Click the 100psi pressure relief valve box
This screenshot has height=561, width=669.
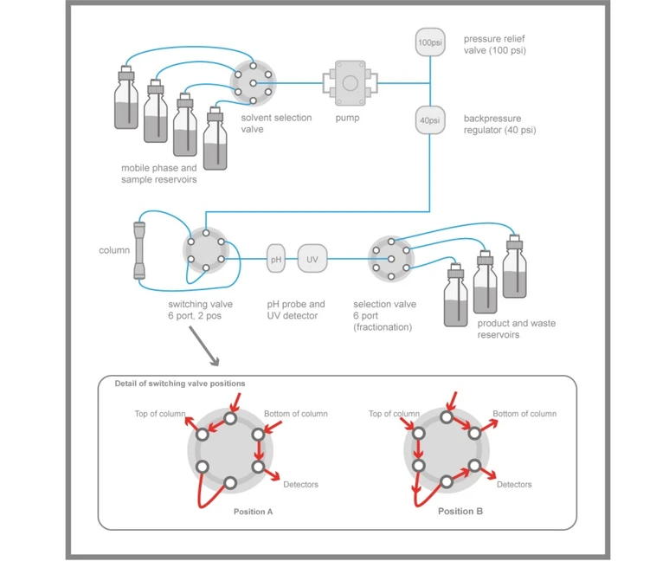(428, 42)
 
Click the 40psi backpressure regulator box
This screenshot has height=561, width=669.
(428, 119)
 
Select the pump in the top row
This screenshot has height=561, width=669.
(350, 83)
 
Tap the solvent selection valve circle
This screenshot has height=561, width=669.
(252, 82)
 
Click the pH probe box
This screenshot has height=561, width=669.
(276, 258)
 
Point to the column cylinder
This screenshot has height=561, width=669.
(140, 251)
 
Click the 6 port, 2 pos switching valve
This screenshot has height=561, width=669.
(205, 251)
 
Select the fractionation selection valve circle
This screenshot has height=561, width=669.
(391, 257)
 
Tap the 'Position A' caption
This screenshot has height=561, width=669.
(253, 512)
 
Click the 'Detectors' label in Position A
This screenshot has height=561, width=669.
(300, 484)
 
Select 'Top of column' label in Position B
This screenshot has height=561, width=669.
(394, 414)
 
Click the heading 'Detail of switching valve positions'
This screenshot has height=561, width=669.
(180, 384)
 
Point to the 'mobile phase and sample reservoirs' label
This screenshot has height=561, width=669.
(158, 173)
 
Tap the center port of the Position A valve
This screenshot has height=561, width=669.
(230, 450)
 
